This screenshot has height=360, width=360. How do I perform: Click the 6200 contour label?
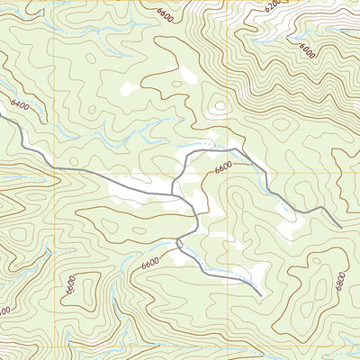273,5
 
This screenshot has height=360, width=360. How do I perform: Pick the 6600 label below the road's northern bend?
224,167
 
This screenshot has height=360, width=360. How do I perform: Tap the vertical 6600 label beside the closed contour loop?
70,285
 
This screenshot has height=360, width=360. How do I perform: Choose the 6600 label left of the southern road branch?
149,262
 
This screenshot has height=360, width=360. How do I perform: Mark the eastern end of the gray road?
338,226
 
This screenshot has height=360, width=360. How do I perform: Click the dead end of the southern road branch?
261,295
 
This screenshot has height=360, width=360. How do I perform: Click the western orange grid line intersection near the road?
59,173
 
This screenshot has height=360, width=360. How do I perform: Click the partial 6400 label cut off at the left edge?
4,310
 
